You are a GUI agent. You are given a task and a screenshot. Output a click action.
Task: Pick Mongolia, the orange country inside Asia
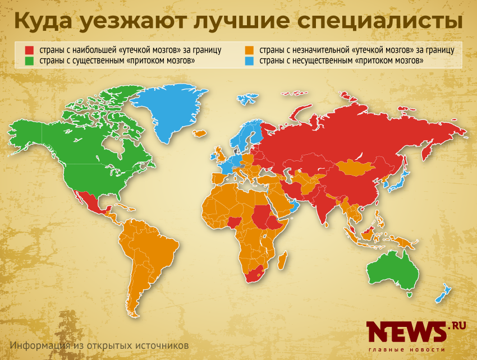(355, 166)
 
